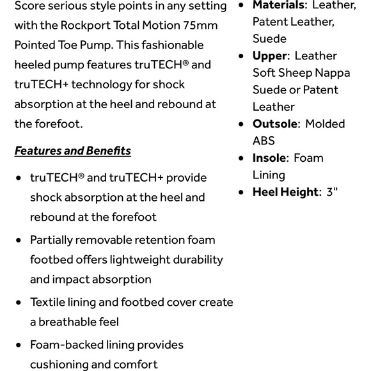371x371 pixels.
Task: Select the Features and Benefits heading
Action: tap(72, 151)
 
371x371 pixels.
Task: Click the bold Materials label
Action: tap(278, 5)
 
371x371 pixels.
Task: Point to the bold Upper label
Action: tap(270, 56)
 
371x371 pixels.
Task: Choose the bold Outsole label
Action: tap(275, 123)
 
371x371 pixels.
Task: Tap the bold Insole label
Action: tap(269, 157)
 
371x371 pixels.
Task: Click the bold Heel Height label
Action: tap(285, 191)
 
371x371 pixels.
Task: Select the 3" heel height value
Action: tap(331, 191)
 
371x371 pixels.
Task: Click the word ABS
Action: tap(264, 141)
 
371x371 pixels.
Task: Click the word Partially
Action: tap(51, 240)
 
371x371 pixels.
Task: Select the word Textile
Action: tap(48, 302)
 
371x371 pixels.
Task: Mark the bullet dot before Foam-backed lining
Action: tap(18, 345)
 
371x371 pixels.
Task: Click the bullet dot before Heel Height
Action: tap(241, 192)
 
